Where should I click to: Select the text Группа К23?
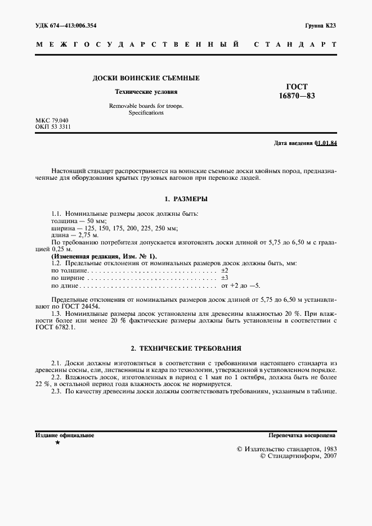(320, 25)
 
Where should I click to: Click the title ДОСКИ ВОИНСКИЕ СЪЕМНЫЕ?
(146, 78)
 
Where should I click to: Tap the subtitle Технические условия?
(146, 91)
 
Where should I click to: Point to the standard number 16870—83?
(297, 96)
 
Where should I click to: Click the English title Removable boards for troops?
(146, 106)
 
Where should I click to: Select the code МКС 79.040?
(52, 121)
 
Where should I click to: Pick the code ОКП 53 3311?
(53, 128)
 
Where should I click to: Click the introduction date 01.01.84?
(325, 143)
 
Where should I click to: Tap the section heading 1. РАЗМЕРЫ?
(186, 199)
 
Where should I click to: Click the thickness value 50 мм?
(88, 221)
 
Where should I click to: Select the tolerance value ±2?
(224, 271)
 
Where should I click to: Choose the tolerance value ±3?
(224, 278)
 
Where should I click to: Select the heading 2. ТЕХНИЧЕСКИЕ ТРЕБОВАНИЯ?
(186, 348)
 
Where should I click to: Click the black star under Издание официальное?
(57, 443)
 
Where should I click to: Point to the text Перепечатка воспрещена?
(302, 435)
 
